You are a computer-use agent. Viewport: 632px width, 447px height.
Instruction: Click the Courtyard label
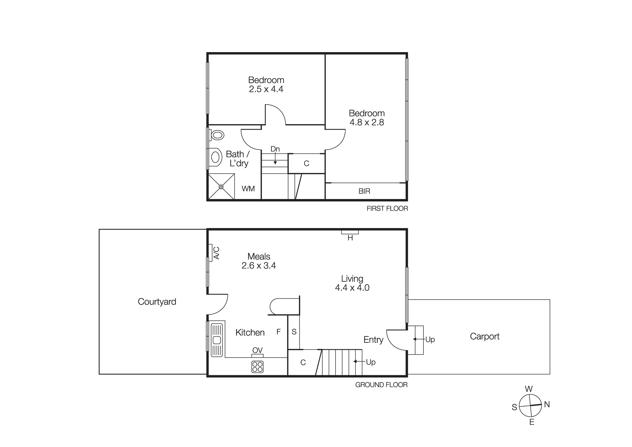coord(157,301)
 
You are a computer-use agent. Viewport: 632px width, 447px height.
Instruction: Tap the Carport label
coord(484,336)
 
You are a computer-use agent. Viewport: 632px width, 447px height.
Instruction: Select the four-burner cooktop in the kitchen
coord(258,367)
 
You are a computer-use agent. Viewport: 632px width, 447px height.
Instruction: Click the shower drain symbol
coord(221,187)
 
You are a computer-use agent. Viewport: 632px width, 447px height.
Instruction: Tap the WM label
coord(248,189)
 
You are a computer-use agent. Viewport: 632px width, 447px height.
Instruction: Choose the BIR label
coord(364,191)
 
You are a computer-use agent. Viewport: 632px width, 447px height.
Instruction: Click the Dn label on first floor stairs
coord(275,149)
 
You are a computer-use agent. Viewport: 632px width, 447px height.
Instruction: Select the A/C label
coord(217,253)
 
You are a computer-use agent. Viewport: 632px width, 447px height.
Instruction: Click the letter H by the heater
coord(350,238)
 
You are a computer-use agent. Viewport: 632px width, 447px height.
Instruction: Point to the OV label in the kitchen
coord(258,350)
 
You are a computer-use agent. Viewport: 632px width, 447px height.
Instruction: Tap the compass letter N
coord(547,404)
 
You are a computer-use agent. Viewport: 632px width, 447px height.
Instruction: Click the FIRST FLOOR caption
coord(387,208)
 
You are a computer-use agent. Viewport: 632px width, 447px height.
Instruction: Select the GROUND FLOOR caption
coord(381,385)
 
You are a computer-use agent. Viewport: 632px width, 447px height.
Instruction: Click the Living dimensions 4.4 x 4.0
coord(352,288)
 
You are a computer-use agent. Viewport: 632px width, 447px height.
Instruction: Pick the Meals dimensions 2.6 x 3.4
coord(258,265)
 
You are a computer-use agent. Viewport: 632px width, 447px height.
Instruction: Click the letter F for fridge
coord(278,332)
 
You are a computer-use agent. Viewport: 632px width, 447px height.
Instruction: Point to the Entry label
coord(373,340)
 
